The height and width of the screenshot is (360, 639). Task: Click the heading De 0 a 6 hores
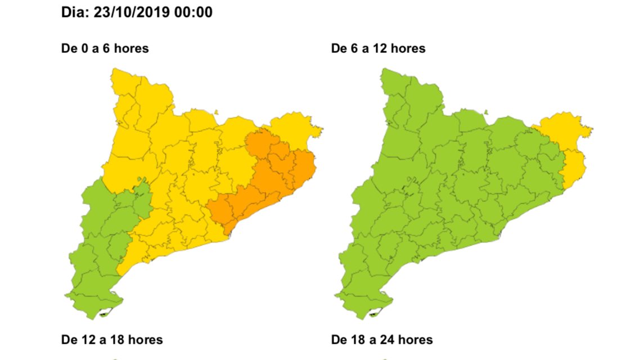105,48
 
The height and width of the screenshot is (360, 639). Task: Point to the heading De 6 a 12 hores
378,48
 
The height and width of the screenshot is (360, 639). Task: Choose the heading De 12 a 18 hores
111,340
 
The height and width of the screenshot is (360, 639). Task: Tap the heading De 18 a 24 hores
382,340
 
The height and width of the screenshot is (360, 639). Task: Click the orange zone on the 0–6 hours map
264,180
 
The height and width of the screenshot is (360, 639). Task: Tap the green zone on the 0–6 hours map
101,236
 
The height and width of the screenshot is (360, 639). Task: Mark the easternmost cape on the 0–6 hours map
321,130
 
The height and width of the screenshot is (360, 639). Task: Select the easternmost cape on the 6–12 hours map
591,130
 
